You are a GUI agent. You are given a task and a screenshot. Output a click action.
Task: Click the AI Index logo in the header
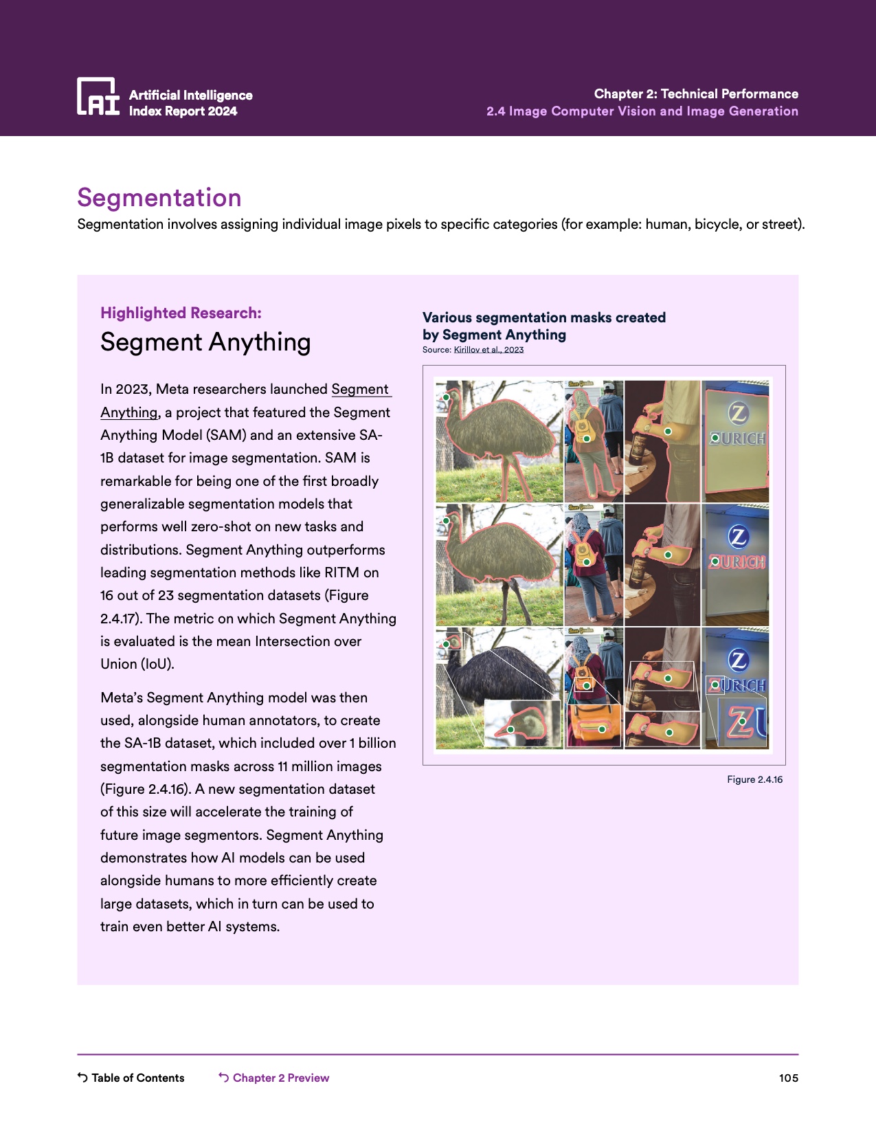(x=98, y=96)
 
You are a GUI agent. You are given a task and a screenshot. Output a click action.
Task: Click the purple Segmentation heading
(x=159, y=198)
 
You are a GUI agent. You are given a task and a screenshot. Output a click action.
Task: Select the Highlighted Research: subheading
(x=181, y=313)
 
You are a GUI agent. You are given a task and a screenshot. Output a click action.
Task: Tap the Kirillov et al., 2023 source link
(x=488, y=350)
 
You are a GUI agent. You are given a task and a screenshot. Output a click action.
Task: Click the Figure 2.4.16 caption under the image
(x=754, y=779)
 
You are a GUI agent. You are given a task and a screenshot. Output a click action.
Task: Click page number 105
(x=788, y=1078)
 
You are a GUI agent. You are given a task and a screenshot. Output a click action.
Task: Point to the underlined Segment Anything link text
(x=361, y=390)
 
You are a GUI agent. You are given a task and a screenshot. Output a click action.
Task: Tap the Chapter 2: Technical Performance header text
(x=695, y=93)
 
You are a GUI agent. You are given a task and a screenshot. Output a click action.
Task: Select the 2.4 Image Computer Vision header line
(x=642, y=111)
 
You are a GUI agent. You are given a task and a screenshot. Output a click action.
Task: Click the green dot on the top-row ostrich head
(x=446, y=397)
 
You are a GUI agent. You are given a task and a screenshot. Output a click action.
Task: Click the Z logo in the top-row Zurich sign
(x=738, y=412)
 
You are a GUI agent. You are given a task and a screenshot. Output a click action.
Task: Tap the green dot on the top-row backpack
(x=587, y=438)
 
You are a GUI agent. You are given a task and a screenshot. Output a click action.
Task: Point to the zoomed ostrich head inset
(x=522, y=724)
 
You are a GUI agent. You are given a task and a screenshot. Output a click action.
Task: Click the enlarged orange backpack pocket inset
(x=594, y=726)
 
